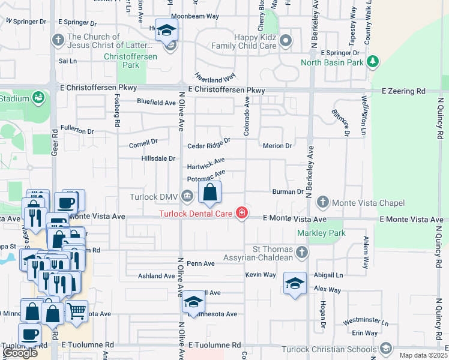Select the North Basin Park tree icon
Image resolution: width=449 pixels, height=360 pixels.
[x=373, y=61]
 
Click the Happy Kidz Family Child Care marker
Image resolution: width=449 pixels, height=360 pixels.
[x=286, y=41]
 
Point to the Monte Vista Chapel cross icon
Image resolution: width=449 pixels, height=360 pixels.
[x=322, y=202]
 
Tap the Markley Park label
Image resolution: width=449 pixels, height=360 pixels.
[x=312, y=232]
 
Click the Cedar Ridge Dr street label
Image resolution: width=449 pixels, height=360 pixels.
[x=208, y=143]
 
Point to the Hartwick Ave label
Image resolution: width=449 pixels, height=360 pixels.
[x=205, y=164]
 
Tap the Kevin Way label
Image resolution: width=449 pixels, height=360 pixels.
[x=261, y=275]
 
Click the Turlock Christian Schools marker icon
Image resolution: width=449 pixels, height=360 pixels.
[x=385, y=349]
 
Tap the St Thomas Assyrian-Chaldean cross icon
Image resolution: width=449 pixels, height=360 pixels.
[x=301, y=253]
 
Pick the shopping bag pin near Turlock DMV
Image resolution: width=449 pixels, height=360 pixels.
[x=209, y=193]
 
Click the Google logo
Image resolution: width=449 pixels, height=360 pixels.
[x=20, y=353]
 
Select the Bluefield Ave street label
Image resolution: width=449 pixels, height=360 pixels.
[x=156, y=103]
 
